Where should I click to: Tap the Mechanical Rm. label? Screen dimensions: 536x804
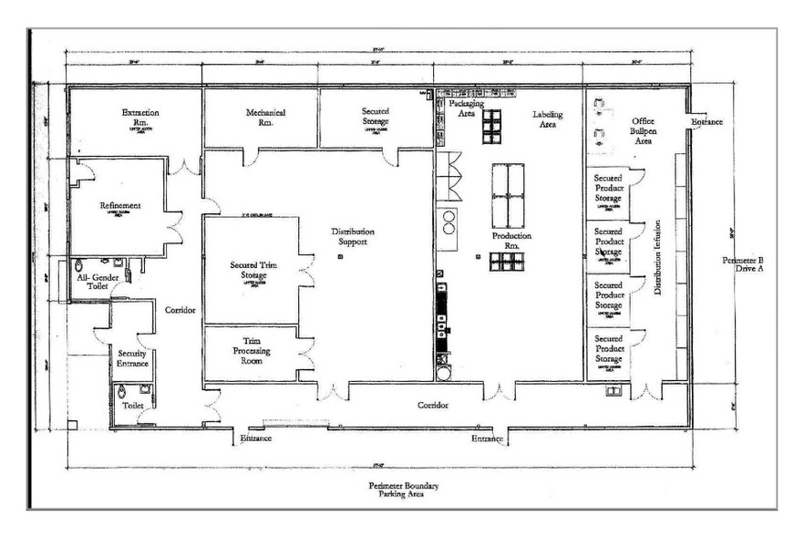click(x=265, y=118)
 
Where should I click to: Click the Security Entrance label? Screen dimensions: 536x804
click(x=133, y=358)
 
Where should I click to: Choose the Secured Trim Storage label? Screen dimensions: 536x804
click(x=253, y=271)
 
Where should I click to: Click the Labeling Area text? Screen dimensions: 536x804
click(x=548, y=119)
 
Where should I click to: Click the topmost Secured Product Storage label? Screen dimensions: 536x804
click(x=608, y=188)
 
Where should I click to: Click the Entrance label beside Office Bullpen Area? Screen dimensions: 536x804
click(x=707, y=121)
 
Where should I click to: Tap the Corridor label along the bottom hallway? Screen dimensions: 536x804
click(x=434, y=405)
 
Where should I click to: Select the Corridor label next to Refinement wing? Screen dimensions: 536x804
click(x=180, y=310)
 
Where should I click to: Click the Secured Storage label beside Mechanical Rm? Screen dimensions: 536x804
click(x=375, y=118)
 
